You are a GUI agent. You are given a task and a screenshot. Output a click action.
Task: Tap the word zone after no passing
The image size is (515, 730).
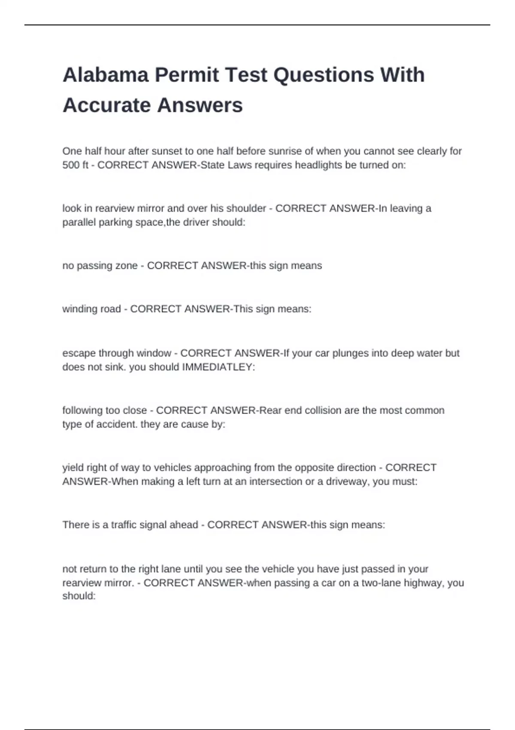[x=126, y=266]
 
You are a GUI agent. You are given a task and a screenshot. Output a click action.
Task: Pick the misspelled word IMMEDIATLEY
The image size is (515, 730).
[x=218, y=367]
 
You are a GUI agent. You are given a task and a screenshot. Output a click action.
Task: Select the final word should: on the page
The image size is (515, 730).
[x=79, y=596]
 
